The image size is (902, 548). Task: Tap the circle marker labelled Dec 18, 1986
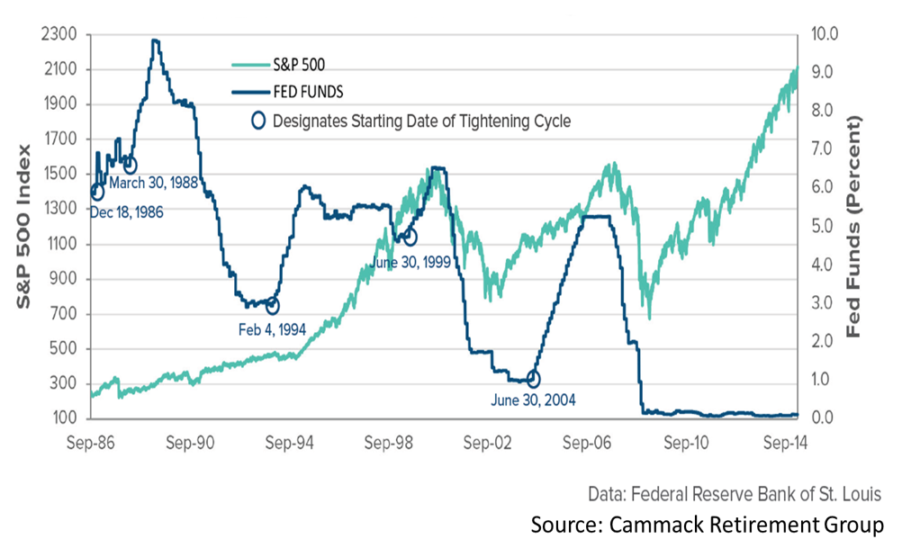[97, 191]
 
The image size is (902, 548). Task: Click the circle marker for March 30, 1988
[130, 166]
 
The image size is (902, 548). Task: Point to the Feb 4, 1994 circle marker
[273, 307]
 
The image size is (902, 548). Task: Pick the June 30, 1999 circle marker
[410, 238]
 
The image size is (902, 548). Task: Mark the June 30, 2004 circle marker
[533, 380]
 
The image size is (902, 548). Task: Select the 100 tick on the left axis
[68, 418]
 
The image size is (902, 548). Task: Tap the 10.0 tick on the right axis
[825, 35]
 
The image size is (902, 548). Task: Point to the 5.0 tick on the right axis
[825, 227]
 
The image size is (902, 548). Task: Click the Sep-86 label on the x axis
[91, 442]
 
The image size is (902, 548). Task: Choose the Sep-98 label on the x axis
[389, 442]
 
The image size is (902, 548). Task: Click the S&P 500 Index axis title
[25, 225]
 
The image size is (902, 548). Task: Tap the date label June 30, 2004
[534, 400]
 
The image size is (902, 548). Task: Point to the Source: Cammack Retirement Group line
[707, 524]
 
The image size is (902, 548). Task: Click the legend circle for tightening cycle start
[259, 121]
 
